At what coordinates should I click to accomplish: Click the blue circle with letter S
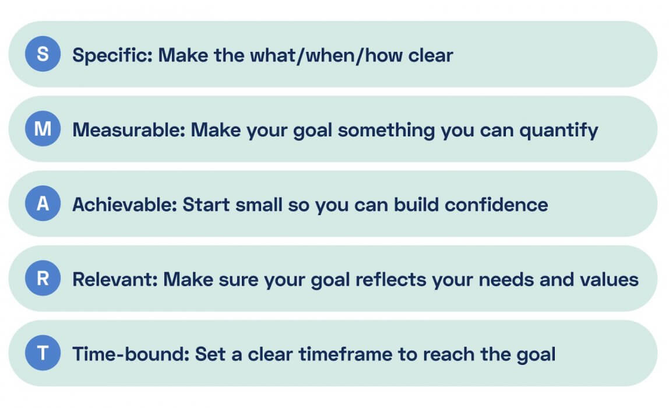pos(43,55)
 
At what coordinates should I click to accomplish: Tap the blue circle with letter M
pos(43,129)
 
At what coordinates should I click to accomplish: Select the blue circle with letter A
pos(43,204)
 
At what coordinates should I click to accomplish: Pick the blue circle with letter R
pos(43,279)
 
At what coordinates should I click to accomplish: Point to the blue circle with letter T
pos(43,353)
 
